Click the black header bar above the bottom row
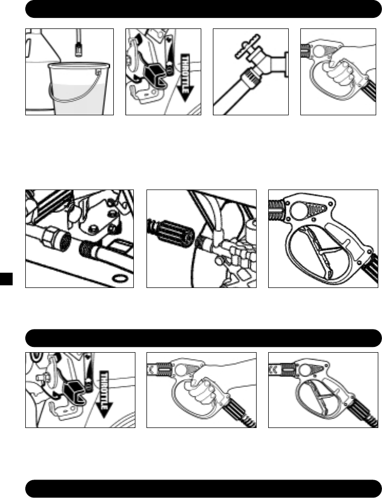tap(203, 337)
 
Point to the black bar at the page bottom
tap(203, 488)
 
